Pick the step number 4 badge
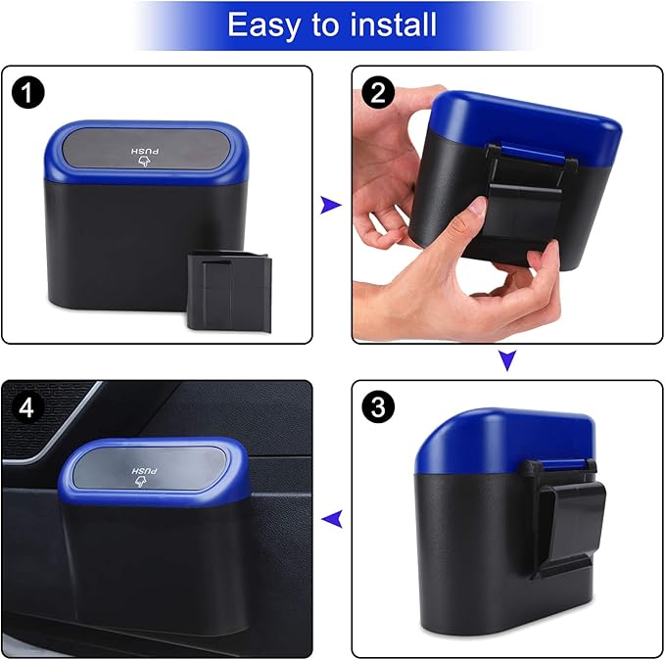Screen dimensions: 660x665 coord(26,407)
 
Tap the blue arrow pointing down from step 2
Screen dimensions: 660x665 coord(506,361)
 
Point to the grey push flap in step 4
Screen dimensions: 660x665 coord(147,469)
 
